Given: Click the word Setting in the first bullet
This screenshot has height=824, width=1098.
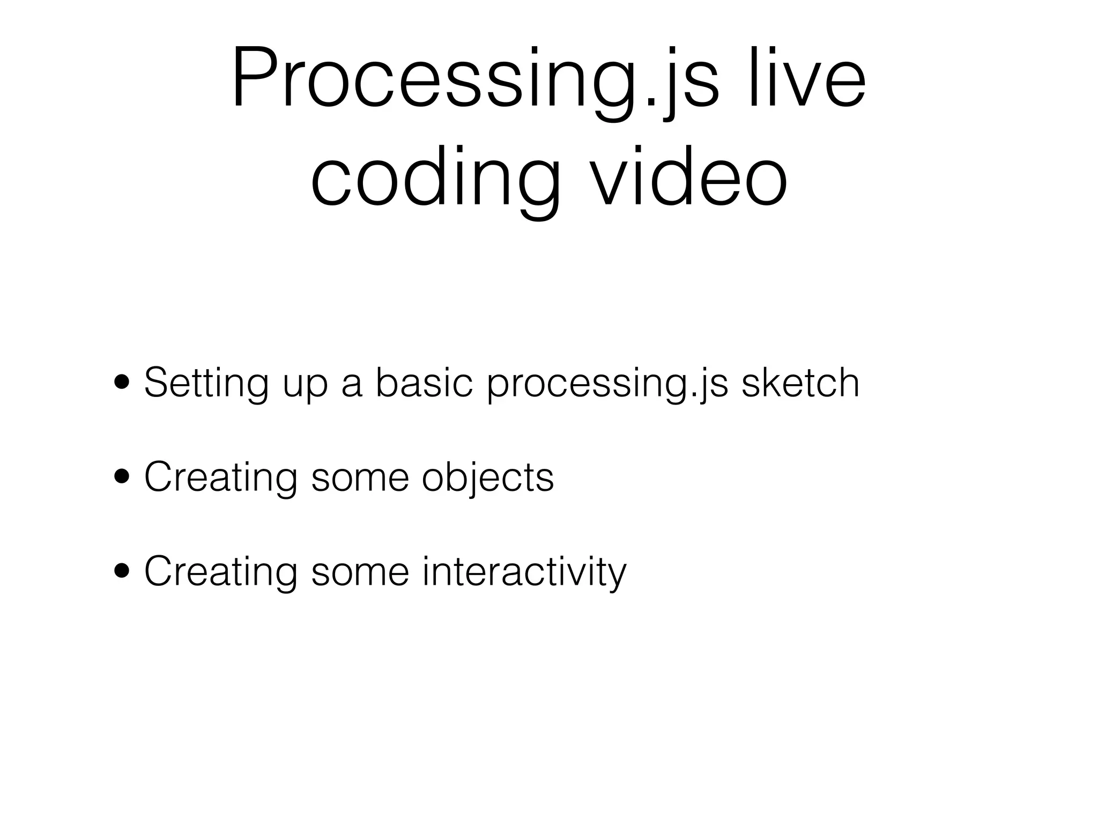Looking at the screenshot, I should pos(206,382).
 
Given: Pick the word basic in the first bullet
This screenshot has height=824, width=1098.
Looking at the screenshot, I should pos(424,382).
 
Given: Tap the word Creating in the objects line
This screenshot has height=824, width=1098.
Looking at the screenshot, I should pos(220,477).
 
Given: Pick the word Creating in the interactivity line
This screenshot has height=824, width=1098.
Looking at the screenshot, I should pos(220,571).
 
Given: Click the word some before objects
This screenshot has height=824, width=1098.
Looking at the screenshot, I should pos(360,477).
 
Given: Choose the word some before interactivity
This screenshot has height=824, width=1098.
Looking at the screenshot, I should pos(360,571).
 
